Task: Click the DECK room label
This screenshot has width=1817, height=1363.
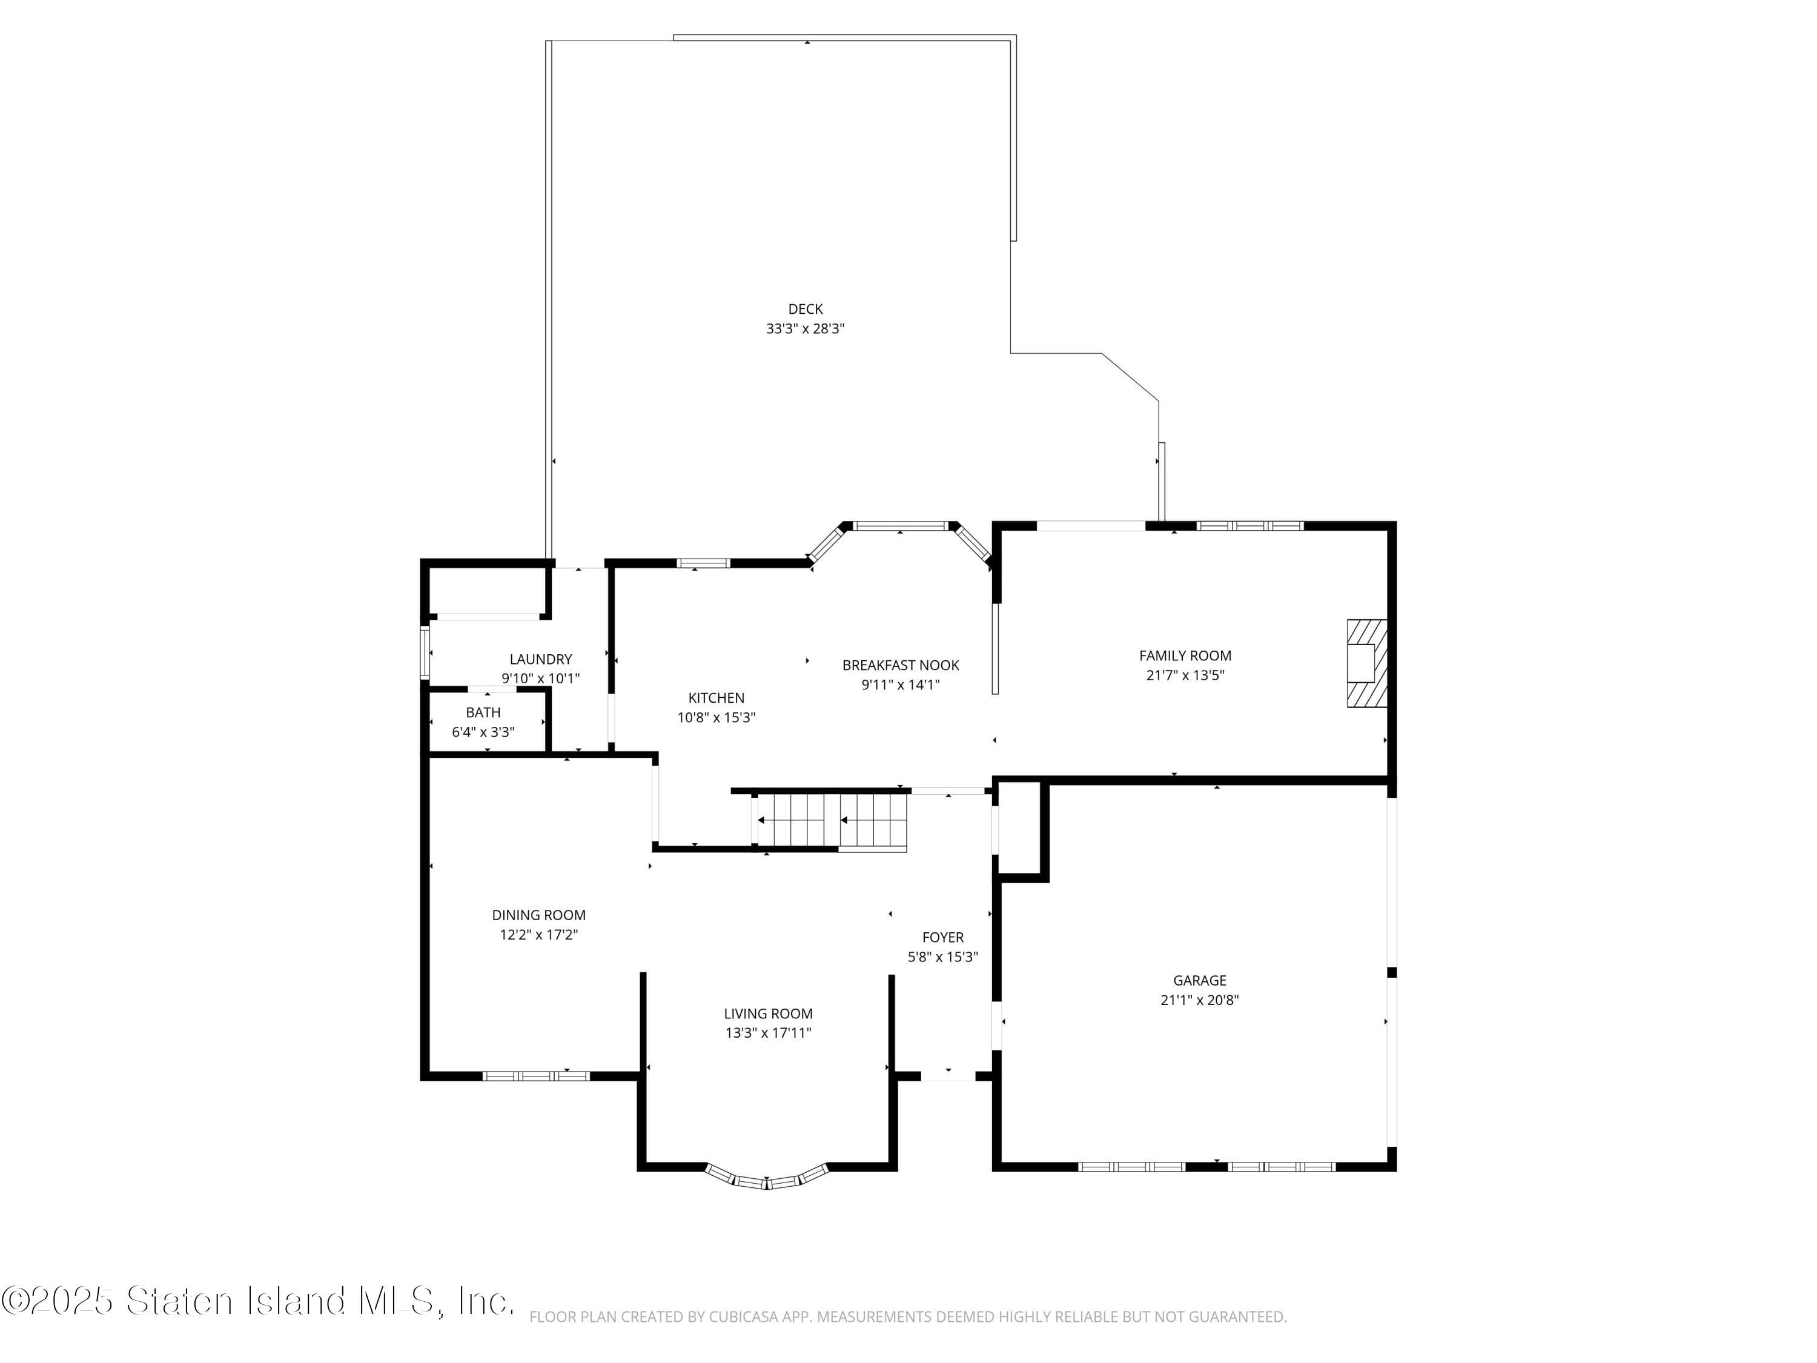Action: tap(805, 309)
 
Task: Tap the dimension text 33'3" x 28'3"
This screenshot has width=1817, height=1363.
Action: tap(805, 328)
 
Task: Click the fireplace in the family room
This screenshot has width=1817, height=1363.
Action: tap(1366, 663)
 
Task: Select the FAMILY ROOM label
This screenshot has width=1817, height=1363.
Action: tap(1185, 655)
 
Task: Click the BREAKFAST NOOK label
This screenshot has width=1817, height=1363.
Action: tap(900, 666)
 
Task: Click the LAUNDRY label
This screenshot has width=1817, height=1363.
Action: tap(540, 659)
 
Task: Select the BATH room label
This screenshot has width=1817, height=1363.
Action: tap(483, 712)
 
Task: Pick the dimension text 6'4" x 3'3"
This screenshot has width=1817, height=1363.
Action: tap(483, 732)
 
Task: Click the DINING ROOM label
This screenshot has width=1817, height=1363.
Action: tap(539, 915)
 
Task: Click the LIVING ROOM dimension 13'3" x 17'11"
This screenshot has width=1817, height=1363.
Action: tap(768, 1033)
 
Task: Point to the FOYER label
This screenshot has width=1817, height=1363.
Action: tap(942, 937)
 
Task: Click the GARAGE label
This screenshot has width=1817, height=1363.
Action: tap(1199, 980)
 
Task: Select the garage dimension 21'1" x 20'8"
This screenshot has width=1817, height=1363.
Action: tap(1199, 1000)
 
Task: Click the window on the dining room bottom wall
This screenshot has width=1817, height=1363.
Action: tap(535, 1075)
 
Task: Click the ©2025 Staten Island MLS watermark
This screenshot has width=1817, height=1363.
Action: tap(258, 1301)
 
